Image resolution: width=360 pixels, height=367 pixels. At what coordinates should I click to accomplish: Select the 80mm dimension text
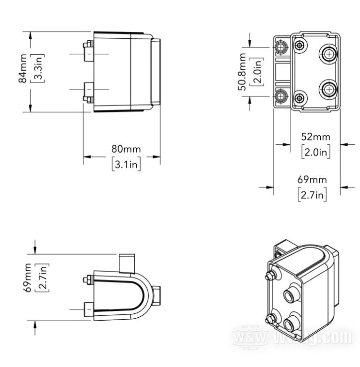[126, 149]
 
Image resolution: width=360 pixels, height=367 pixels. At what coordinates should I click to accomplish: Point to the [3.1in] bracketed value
[126, 164]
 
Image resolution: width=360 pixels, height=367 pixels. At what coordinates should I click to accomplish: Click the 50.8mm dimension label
[242, 71]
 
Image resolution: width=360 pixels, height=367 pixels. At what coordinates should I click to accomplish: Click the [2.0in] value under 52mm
[316, 152]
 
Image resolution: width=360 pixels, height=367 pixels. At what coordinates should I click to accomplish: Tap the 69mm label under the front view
[312, 180]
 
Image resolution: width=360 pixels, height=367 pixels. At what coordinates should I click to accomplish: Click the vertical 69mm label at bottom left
[28, 277]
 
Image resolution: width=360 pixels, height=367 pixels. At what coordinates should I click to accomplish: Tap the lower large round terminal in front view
[329, 90]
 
